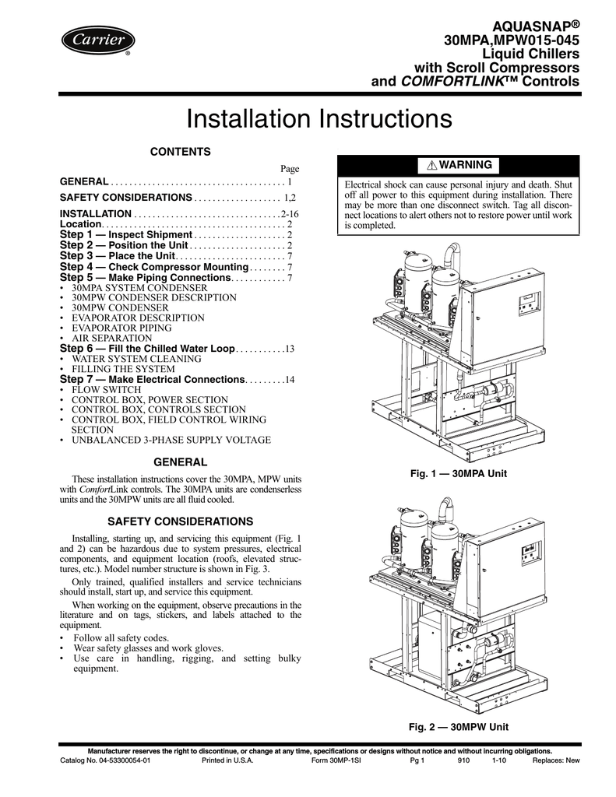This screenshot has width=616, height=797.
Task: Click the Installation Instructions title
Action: [319, 120]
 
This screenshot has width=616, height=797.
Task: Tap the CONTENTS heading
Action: [181, 150]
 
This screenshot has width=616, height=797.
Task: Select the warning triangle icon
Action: [432, 166]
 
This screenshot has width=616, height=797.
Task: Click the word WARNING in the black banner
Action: [465, 165]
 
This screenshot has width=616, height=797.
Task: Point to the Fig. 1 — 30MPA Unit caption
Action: [459, 473]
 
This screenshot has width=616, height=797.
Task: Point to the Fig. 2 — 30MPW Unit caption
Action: [459, 726]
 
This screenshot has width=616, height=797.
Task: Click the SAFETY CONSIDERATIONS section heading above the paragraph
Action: [180, 520]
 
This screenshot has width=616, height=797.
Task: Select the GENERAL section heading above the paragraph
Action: [180, 462]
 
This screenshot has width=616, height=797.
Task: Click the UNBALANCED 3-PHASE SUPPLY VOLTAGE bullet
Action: [171, 440]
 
